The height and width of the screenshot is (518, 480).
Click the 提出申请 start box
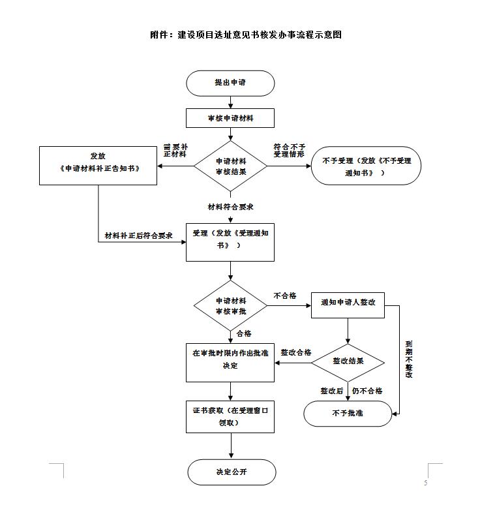coord(230,84)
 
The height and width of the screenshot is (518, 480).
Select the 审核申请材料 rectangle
coord(230,118)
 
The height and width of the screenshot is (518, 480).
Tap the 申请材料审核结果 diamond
coord(230,166)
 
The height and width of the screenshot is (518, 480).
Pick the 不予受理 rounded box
coord(367,166)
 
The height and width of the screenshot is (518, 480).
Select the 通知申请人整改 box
coord(348,304)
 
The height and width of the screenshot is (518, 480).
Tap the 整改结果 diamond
coord(348,360)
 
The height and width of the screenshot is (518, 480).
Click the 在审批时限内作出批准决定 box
coord(230,361)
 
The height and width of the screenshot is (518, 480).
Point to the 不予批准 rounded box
coord(348,414)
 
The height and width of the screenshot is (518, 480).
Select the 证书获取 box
coord(230,417)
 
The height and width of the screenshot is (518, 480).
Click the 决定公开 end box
coord(232,472)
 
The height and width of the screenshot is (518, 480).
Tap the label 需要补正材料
coord(175,150)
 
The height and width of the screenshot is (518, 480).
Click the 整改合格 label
coord(295,352)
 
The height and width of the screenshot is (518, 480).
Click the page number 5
coord(425,483)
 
